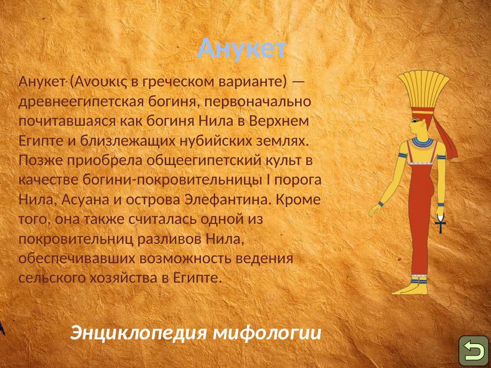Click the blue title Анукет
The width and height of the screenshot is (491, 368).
pyautogui.click(x=242, y=49)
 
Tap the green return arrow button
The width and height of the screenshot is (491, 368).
pyautogui.click(x=474, y=351)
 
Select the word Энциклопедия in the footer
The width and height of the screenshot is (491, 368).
pyautogui.click(x=139, y=333)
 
